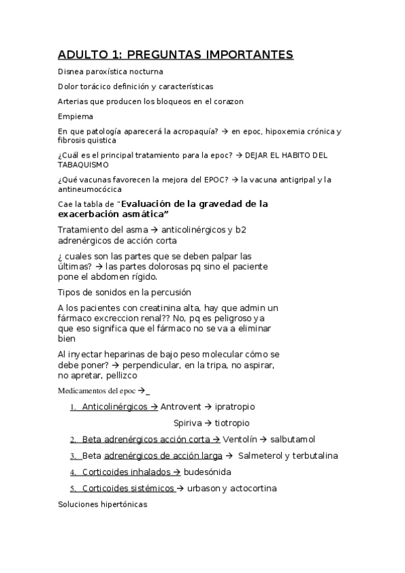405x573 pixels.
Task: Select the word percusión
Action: (172, 292)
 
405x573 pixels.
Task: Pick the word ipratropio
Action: (235, 407)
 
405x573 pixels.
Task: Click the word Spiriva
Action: (188, 423)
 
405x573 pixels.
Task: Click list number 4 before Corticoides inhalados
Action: (72, 472)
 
